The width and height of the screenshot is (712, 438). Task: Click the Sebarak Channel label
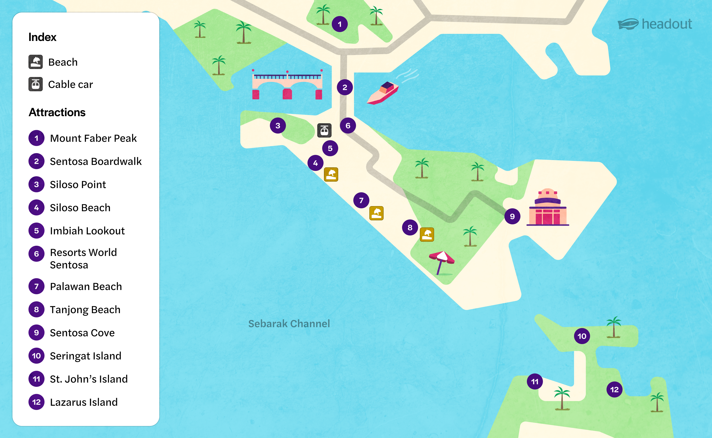click(x=289, y=324)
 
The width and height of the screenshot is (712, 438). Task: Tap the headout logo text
click(x=667, y=24)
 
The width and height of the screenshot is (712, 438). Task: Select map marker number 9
click(x=512, y=216)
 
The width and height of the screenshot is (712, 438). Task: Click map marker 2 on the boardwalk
click(x=345, y=87)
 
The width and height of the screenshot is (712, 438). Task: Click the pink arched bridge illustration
click(x=287, y=85)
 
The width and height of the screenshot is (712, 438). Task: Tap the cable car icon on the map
click(x=324, y=130)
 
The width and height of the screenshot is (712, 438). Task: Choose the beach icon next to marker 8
click(x=427, y=234)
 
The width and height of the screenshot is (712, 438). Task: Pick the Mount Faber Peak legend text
click(x=93, y=138)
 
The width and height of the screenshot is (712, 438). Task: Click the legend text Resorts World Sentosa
click(x=83, y=259)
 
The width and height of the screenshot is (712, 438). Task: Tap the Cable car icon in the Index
click(x=36, y=84)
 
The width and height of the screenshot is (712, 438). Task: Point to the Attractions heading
click(x=57, y=112)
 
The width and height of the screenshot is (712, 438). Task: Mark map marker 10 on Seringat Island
click(x=582, y=336)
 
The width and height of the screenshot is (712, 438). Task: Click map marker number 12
click(x=614, y=390)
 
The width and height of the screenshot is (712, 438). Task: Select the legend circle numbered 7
click(x=36, y=286)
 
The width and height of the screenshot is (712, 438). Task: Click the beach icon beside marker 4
click(x=331, y=174)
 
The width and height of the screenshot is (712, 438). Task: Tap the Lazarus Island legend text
click(x=84, y=402)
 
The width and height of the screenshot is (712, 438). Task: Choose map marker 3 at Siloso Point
click(x=278, y=126)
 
